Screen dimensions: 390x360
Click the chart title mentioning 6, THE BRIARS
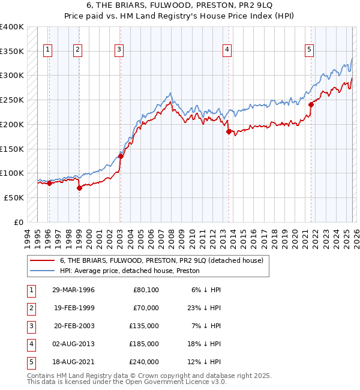click(x=180, y=8)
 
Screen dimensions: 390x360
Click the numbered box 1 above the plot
click(x=48, y=50)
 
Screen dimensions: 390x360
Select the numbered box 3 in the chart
click(x=119, y=50)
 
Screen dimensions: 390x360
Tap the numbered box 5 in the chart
click(x=309, y=50)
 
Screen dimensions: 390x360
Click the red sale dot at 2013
click(x=229, y=131)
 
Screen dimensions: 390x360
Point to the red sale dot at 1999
click(x=79, y=188)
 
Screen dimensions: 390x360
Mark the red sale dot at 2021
click(x=311, y=104)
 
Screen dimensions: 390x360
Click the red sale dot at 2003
click(x=121, y=156)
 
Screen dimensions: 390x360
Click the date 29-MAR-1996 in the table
click(x=74, y=290)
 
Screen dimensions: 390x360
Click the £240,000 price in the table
click(x=144, y=362)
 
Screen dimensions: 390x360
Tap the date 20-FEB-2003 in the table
click(x=74, y=326)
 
